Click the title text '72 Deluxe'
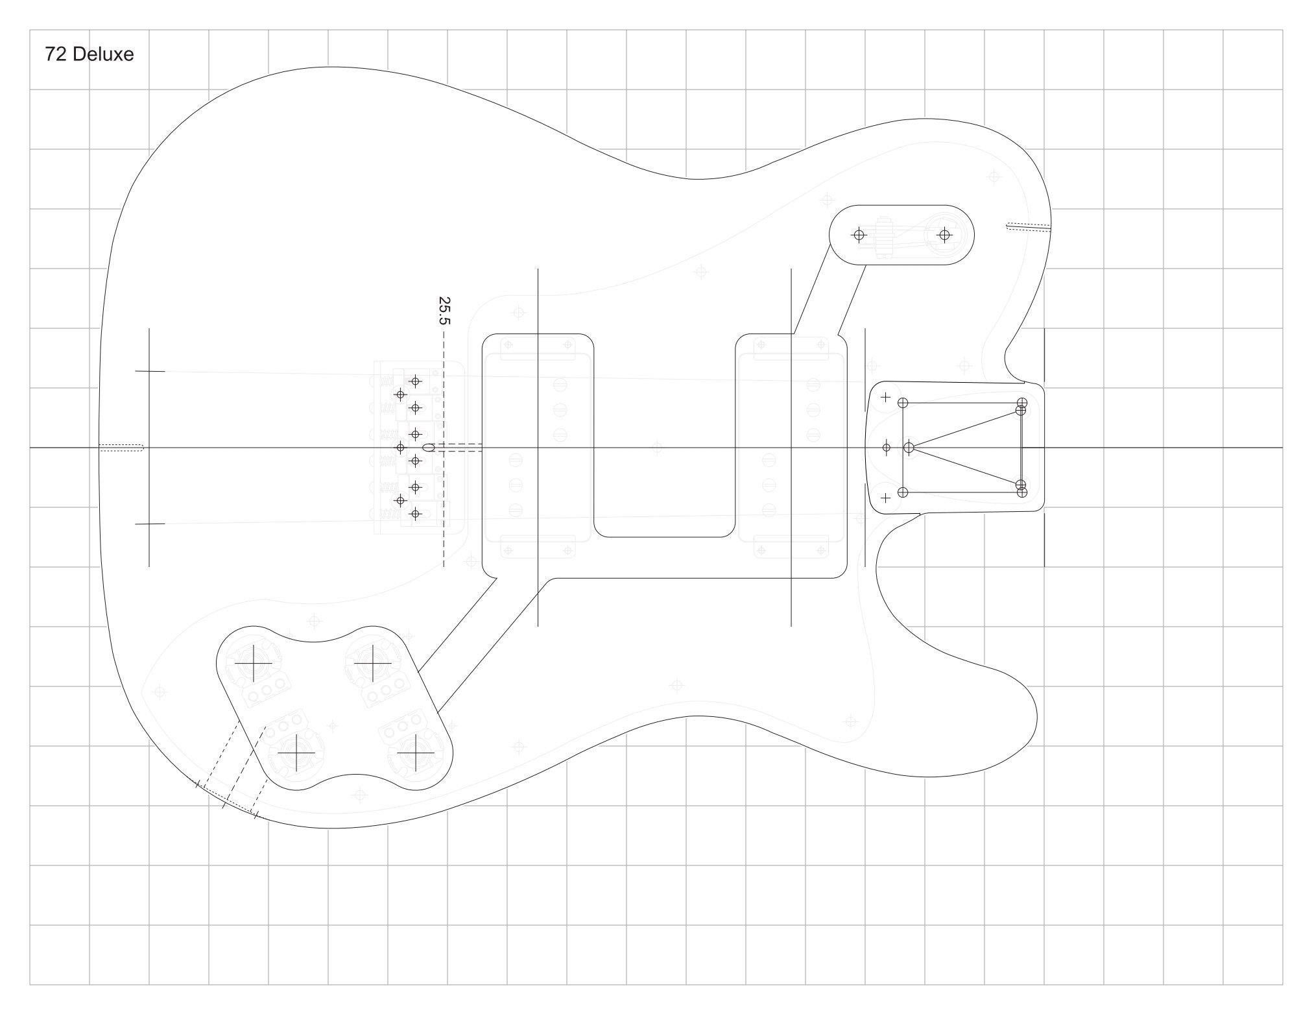tap(89, 54)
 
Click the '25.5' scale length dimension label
tap(444, 310)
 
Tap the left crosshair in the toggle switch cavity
tap(859, 234)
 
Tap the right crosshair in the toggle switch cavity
tap(944, 234)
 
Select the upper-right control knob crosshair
tap(373, 663)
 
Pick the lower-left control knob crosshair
tap(296, 753)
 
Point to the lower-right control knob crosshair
tap(416, 753)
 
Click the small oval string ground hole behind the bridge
tap(428, 447)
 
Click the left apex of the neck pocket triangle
tap(909, 447)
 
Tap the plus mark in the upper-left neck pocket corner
tap(885, 397)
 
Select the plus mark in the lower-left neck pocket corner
tap(885, 498)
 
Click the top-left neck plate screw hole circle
tap(903, 403)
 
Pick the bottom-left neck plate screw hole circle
tap(903, 492)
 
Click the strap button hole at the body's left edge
tap(121, 447)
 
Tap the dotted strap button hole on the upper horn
tap(1028, 226)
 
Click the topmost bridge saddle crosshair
tap(416, 381)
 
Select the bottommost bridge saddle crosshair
tap(416, 514)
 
